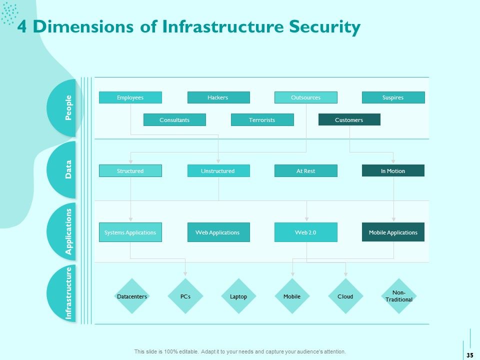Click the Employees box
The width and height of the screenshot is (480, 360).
(x=130, y=97)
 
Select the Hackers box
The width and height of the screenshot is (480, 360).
(x=218, y=97)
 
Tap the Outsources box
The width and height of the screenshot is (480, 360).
(x=306, y=97)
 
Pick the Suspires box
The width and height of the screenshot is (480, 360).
(x=393, y=97)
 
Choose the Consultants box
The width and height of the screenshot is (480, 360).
(x=174, y=119)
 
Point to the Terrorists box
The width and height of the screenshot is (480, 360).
(x=262, y=119)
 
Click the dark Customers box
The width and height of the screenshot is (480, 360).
(x=349, y=119)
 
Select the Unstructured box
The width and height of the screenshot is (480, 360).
(x=218, y=171)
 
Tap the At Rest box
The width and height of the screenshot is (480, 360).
(x=306, y=171)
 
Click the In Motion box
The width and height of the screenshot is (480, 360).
(x=393, y=170)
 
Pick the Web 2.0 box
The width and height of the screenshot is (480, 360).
(x=306, y=232)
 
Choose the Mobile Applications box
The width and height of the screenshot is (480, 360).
(x=393, y=232)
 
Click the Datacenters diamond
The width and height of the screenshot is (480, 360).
(x=132, y=296)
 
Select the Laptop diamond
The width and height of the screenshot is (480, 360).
(x=238, y=296)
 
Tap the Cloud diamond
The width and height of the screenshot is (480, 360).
(x=345, y=296)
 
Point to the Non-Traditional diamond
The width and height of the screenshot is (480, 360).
(x=399, y=296)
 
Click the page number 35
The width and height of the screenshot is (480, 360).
(x=470, y=355)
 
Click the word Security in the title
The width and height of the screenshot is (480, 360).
(x=324, y=27)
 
